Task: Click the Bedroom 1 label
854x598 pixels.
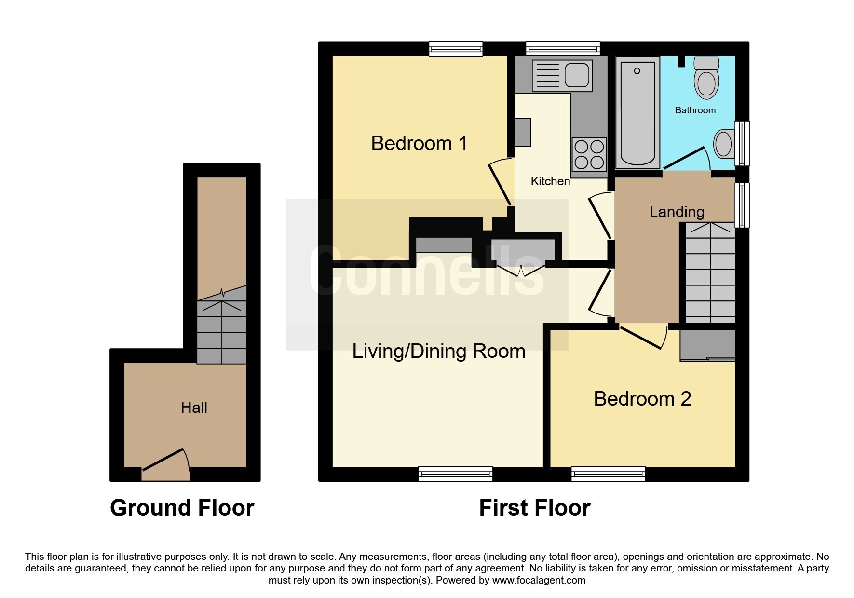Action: (419, 143)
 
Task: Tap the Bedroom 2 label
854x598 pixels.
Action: (642, 399)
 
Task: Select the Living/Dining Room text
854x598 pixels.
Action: (438, 351)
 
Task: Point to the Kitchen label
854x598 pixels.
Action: (550, 181)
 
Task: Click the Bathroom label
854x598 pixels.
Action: (695, 110)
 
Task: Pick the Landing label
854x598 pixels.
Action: (677, 212)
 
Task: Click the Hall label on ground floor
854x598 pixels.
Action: (194, 408)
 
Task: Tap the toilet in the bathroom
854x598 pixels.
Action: (706, 78)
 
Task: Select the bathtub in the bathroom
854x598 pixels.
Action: (637, 113)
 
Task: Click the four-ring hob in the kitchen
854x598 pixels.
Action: (589, 154)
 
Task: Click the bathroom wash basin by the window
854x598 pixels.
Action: (723, 144)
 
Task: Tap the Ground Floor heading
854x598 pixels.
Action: (182, 508)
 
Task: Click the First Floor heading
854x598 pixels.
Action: (534, 508)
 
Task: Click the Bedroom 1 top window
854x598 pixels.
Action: (456, 49)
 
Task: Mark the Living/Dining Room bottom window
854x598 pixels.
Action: (456, 474)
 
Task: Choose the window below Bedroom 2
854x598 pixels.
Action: (608, 474)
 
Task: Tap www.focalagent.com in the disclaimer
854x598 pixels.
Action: (539, 580)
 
